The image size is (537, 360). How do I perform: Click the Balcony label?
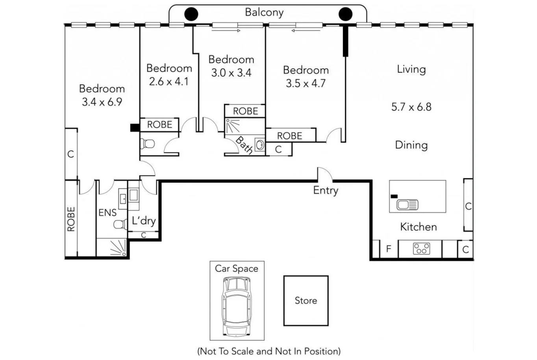point(264,12)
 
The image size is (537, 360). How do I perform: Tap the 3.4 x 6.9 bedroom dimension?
point(102,102)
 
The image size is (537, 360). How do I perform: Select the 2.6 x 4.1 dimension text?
point(169,81)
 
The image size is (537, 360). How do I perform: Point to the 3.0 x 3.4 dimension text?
point(231,73)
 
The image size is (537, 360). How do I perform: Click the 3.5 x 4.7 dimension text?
point(306,83)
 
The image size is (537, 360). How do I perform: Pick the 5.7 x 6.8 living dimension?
point(411,107)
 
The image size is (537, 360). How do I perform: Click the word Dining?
point(411,145)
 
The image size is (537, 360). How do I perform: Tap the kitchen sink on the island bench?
point(407,205)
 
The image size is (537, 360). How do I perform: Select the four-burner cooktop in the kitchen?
point(421,249)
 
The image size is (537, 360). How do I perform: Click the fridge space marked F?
point(389,249)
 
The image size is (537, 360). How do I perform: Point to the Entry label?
point(326,190)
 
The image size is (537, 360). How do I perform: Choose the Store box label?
point(306,301)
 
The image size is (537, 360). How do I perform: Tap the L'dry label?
point(143,221)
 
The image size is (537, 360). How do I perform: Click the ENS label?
point(107,213)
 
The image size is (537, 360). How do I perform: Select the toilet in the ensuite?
point(119,225)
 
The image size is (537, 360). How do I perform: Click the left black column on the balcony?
point(191,14)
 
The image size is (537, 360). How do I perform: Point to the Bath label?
point(244,145)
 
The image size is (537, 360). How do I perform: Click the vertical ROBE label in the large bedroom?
point(71,219)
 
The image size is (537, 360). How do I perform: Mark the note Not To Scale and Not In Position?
point(269,351)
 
